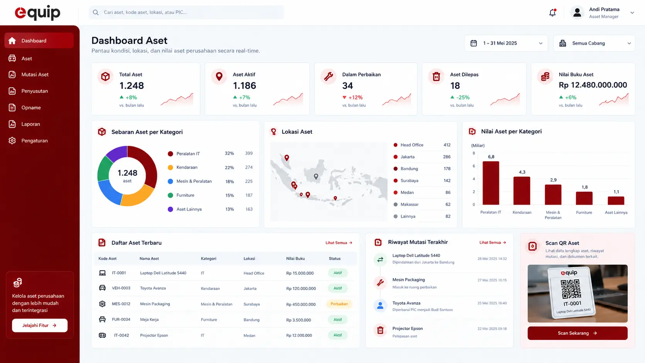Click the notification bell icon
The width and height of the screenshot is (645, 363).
click(x=552, y=13)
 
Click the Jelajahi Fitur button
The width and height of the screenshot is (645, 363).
click(x=40, y=325)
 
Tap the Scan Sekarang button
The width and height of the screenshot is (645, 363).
click(x=577, y=333)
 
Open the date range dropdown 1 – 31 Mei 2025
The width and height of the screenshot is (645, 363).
click(x=506, y=43)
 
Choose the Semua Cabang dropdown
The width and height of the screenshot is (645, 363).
click(x=594, y=43)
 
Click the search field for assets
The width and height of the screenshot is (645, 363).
click(x=186, y=12)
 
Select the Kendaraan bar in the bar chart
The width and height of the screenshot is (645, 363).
click(x=522, y=191)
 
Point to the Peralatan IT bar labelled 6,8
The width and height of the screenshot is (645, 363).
click(x=491, y=183)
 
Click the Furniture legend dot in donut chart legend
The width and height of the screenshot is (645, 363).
click(x=171, y=195)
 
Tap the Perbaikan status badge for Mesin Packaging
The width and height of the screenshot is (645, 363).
click(x=339, y=304)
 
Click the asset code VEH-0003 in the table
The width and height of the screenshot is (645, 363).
click(x=121, y=288)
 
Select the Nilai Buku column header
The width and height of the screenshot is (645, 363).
click(x=295, y=258)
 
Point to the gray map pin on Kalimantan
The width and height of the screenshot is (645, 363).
click(x=316, y=176)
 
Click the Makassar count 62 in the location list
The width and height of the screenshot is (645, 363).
click(x=448, y=204)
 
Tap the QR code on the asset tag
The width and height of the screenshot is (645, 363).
click(x=571, y=289)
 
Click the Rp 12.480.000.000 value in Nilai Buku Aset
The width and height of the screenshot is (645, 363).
click(x=593, y=85)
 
